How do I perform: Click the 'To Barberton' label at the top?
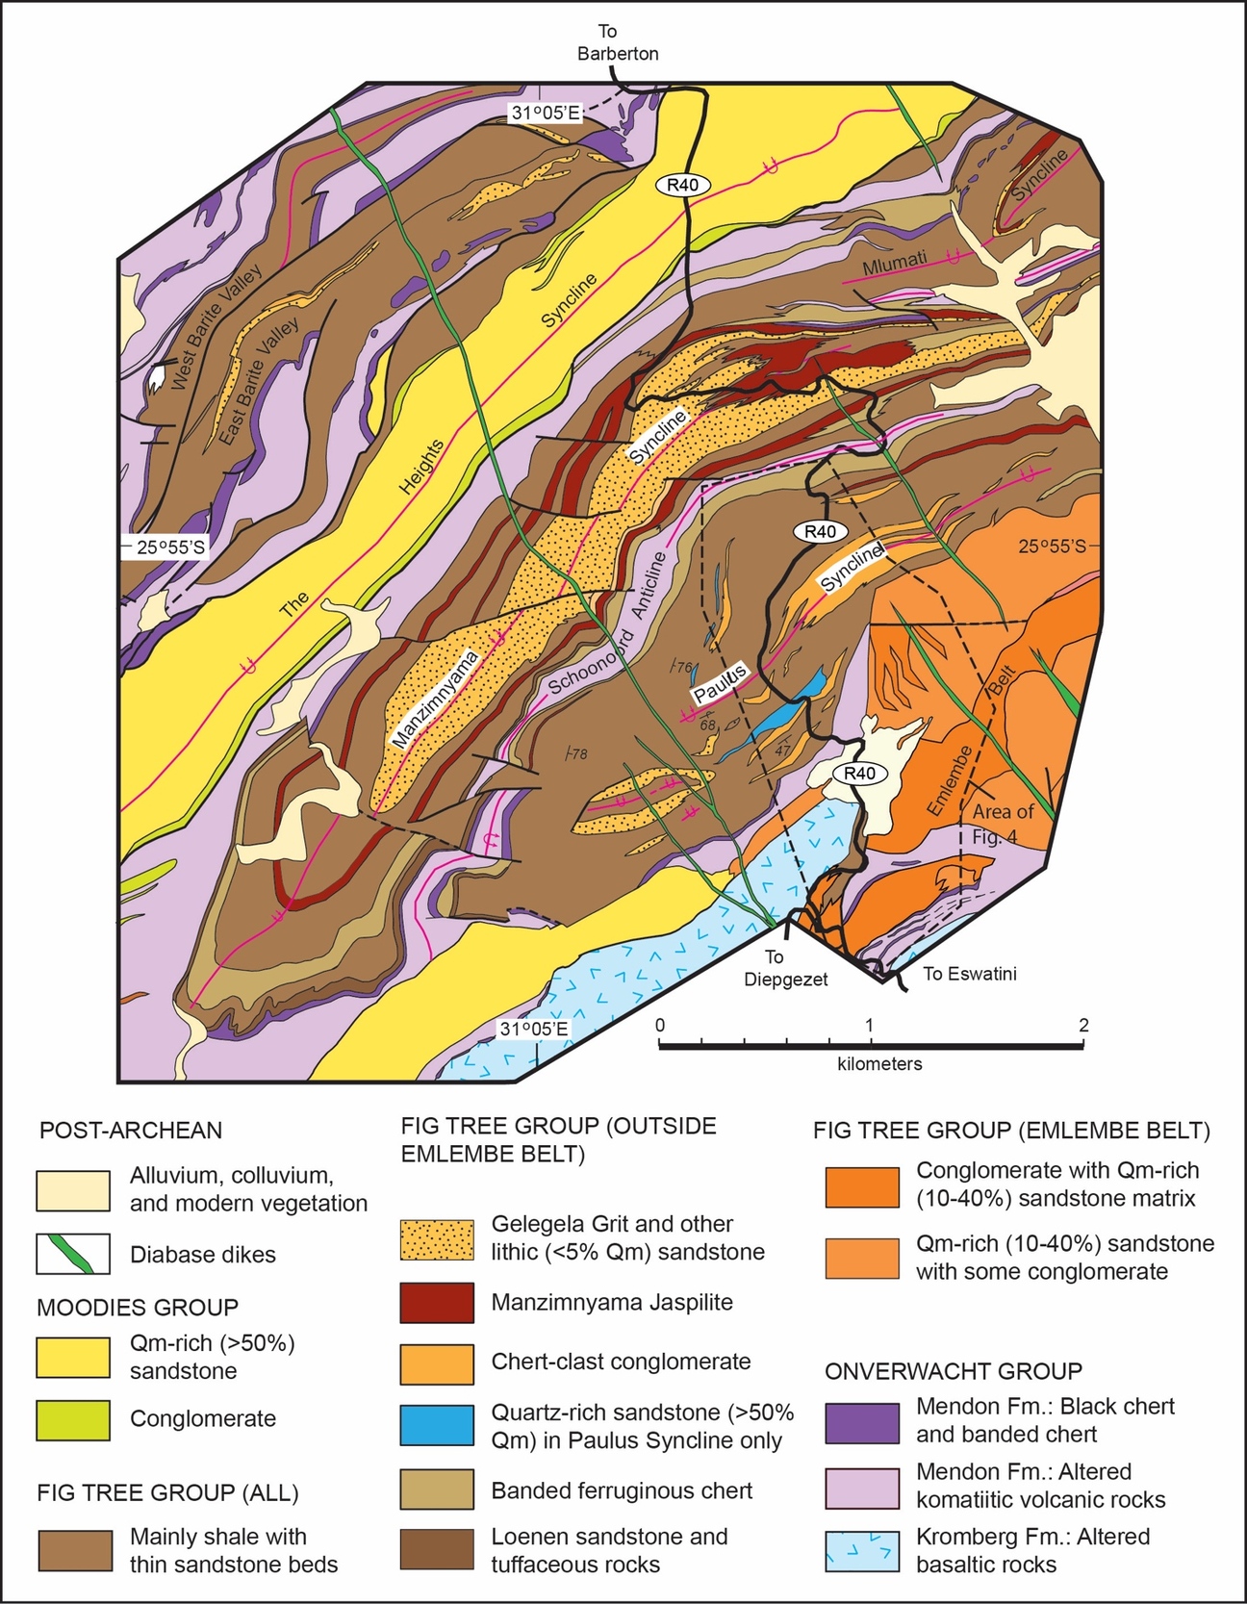click(x=617, y=43)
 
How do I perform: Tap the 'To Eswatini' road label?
click(x=969, y=974)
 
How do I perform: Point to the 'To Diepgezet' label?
click(x=785, y=969)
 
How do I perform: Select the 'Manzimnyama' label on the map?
click(x=436, y=700)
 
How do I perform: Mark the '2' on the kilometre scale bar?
click(x=1083, y=1026)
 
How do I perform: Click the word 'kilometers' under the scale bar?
click(x=879, y=1064)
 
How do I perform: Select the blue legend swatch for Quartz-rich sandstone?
click(x=437, y=1425)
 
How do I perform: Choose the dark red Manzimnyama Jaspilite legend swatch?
click(x=437, y=1302)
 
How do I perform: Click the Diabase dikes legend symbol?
click(x=73, y=1254)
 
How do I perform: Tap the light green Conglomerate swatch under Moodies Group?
click(x=73, y=1419)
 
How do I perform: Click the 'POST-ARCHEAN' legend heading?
click(x=130, y=1131)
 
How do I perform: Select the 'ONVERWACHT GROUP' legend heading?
click(x=953, y=1371)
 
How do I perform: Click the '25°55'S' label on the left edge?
click(x=170, y=547)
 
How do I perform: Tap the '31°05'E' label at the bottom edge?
click(x=533, y=1030)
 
